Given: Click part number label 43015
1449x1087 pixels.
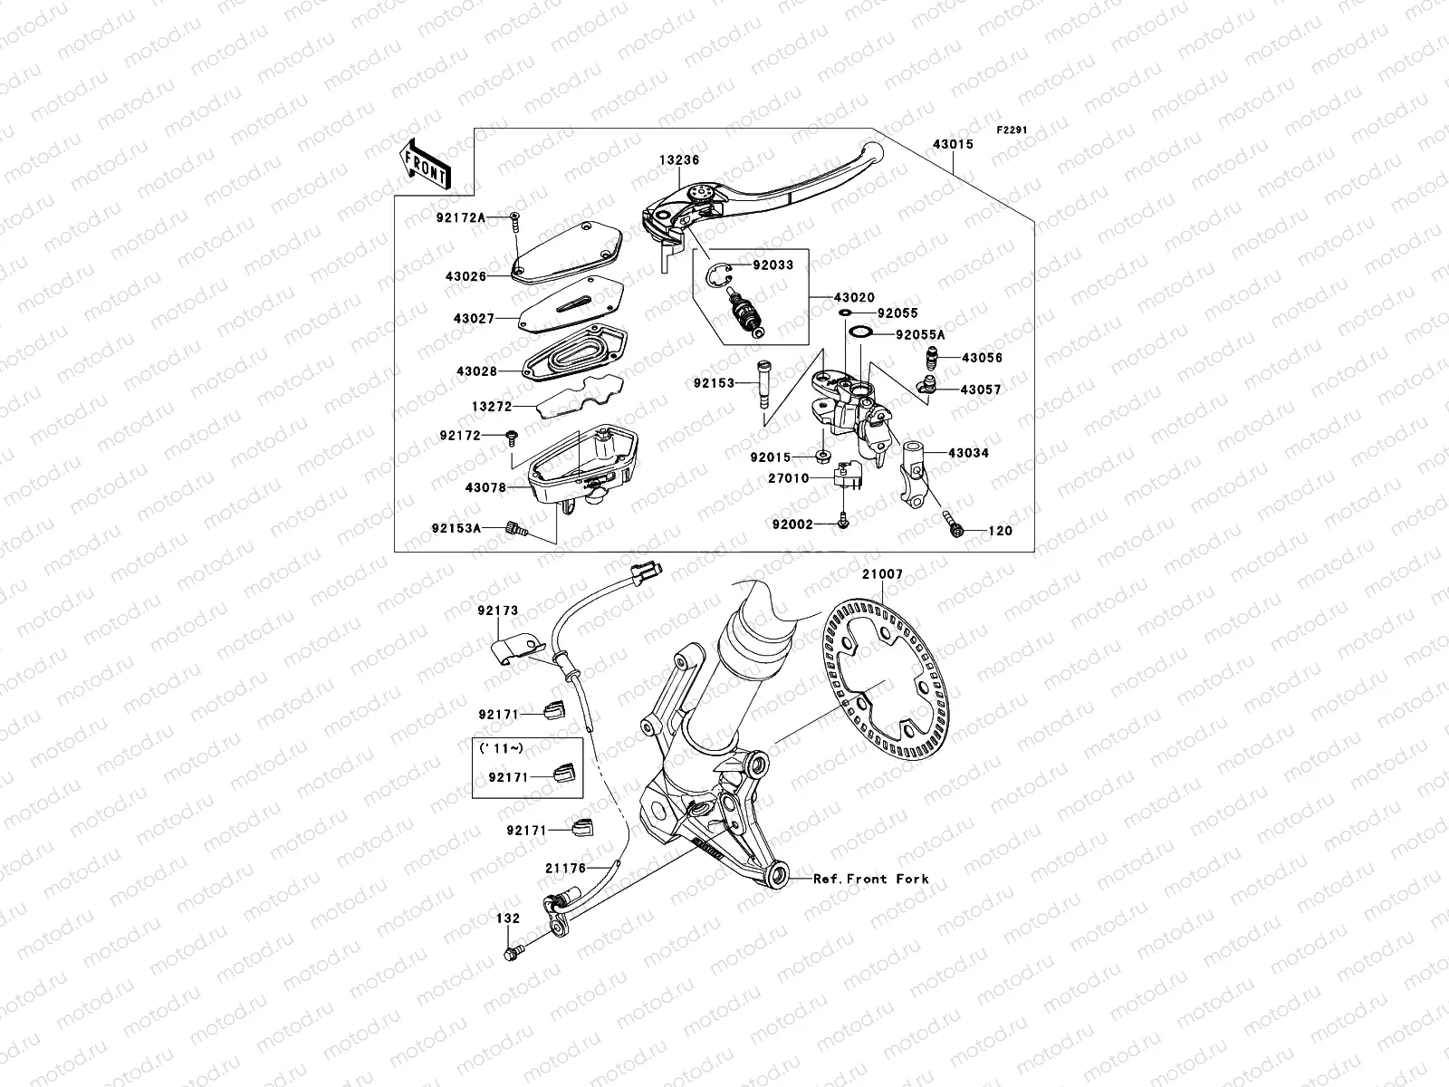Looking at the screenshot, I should click(950, 144).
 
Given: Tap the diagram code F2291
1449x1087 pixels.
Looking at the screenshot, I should click(1011, 130).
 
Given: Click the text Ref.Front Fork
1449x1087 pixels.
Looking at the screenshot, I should click(870, 879).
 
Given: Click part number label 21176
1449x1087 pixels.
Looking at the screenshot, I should click(565, 868).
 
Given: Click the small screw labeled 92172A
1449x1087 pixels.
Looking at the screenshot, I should click(515, 215).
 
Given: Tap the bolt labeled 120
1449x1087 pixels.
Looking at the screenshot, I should click(956, 529).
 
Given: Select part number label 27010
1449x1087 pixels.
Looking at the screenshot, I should click(789, 478).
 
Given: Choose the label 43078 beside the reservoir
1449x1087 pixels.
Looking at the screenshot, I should click(485, 487).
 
